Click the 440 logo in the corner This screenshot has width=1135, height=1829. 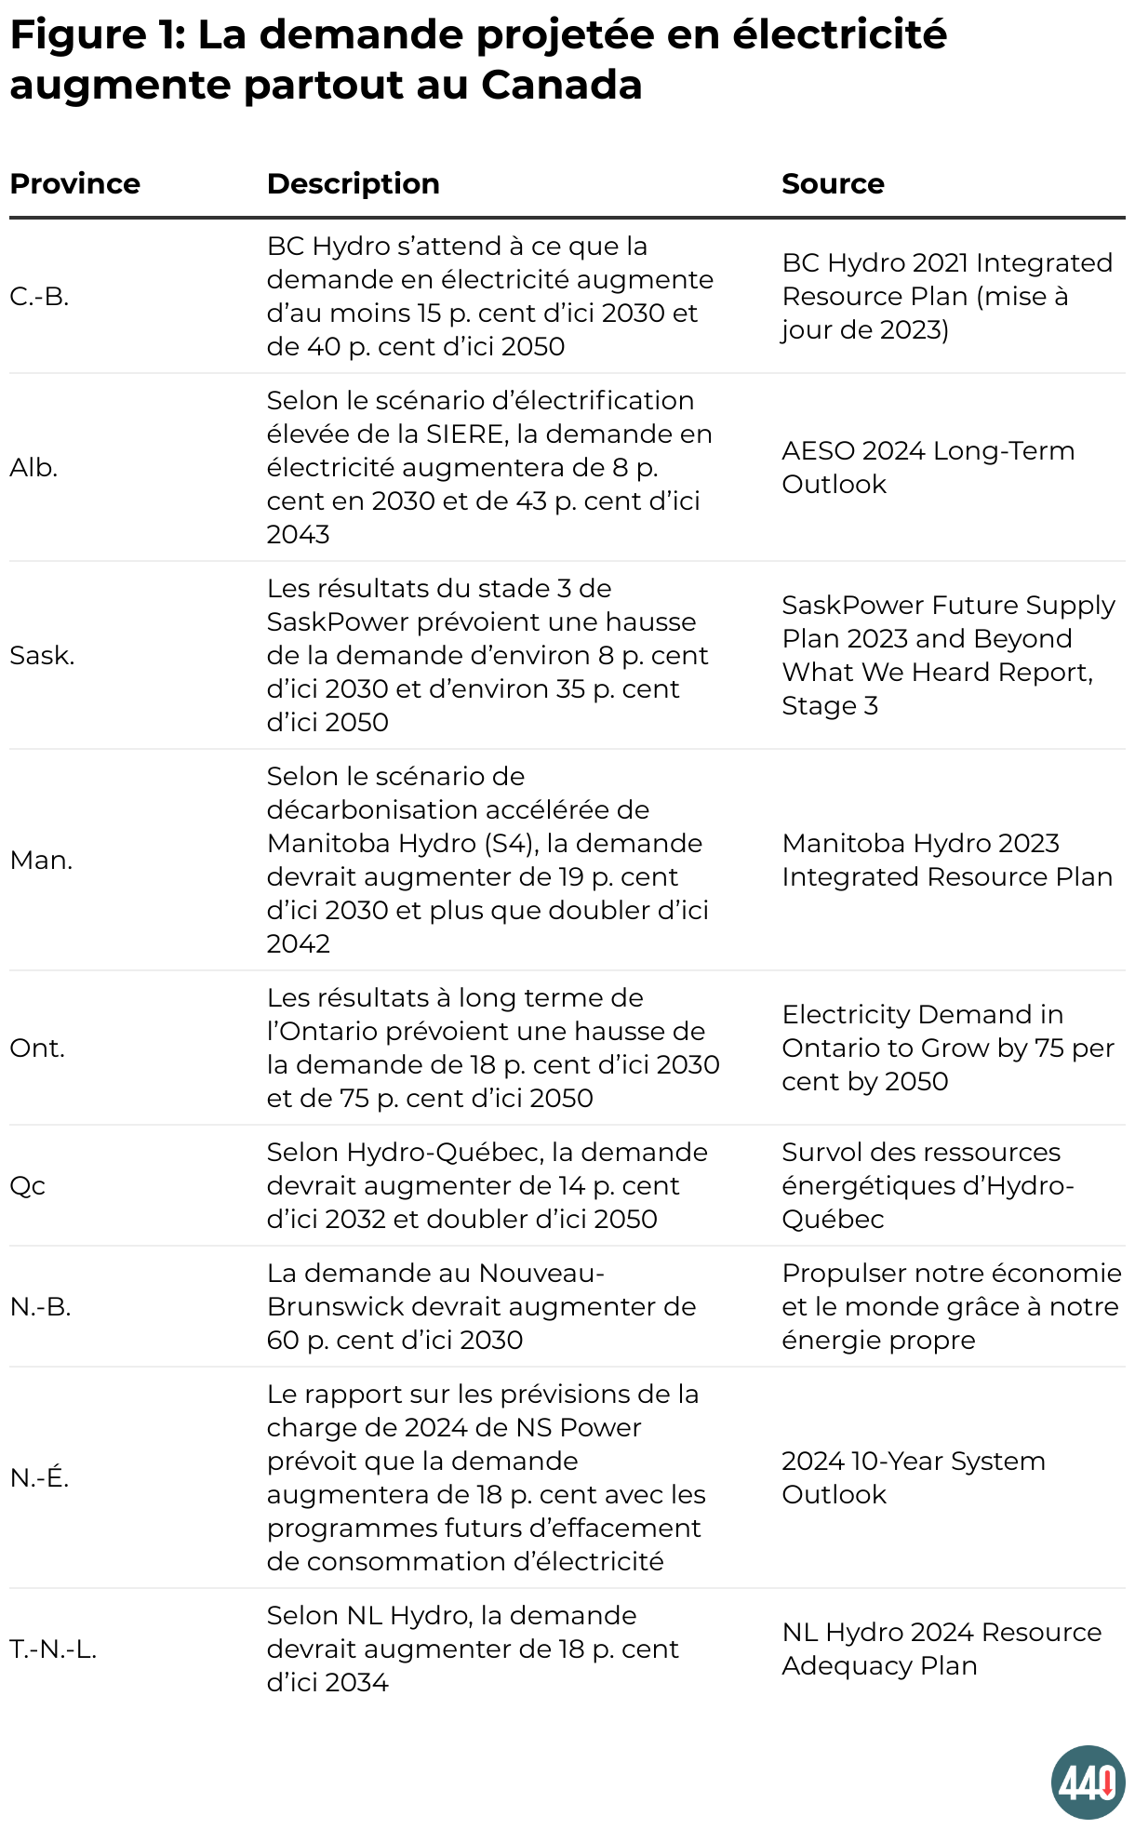(1088, 1782)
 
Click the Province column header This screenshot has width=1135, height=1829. (74, 183)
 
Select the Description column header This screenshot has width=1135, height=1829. (353, 183)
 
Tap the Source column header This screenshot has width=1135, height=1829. (833, 183)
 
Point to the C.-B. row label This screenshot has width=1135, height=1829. (39, 296)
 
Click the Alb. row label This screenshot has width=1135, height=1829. (33, 467)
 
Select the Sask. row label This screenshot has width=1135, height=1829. (42, 655)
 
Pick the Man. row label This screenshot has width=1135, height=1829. (41, 860)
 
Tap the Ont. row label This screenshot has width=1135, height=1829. (37, 1048)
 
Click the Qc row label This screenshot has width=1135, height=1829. (27, 1185)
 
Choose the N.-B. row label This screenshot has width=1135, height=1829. (40, 1306)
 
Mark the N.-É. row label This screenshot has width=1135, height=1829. (39, 1477)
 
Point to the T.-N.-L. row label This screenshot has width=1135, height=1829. (53, 1649)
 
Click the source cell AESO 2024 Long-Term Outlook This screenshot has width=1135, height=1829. (928, 467)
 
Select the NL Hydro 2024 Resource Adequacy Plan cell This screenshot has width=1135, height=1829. (941, 1649)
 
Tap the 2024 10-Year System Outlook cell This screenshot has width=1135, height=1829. (913, 1477)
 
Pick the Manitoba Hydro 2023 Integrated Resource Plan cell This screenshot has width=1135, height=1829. (946, 860)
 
